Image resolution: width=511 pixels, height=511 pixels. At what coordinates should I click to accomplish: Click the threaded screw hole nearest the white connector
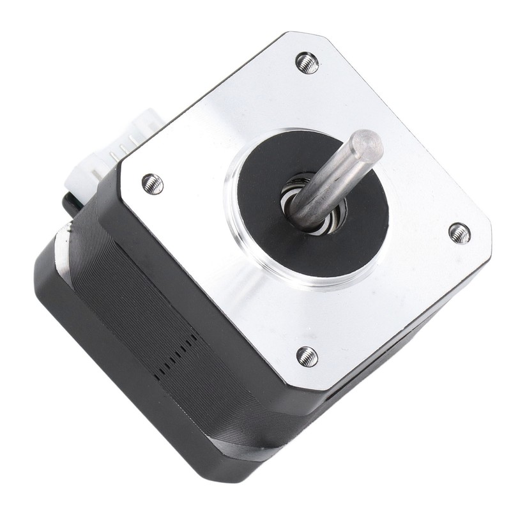tap(152, 184)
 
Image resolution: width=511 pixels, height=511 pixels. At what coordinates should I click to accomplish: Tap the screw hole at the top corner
tap(307, 62)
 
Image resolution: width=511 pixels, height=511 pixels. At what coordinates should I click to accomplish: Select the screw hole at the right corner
tap(459, 233)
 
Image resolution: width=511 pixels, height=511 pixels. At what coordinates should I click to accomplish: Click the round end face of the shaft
tap(369, 146)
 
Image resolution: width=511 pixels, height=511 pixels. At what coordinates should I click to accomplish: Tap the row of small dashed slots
tap(176, 355)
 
